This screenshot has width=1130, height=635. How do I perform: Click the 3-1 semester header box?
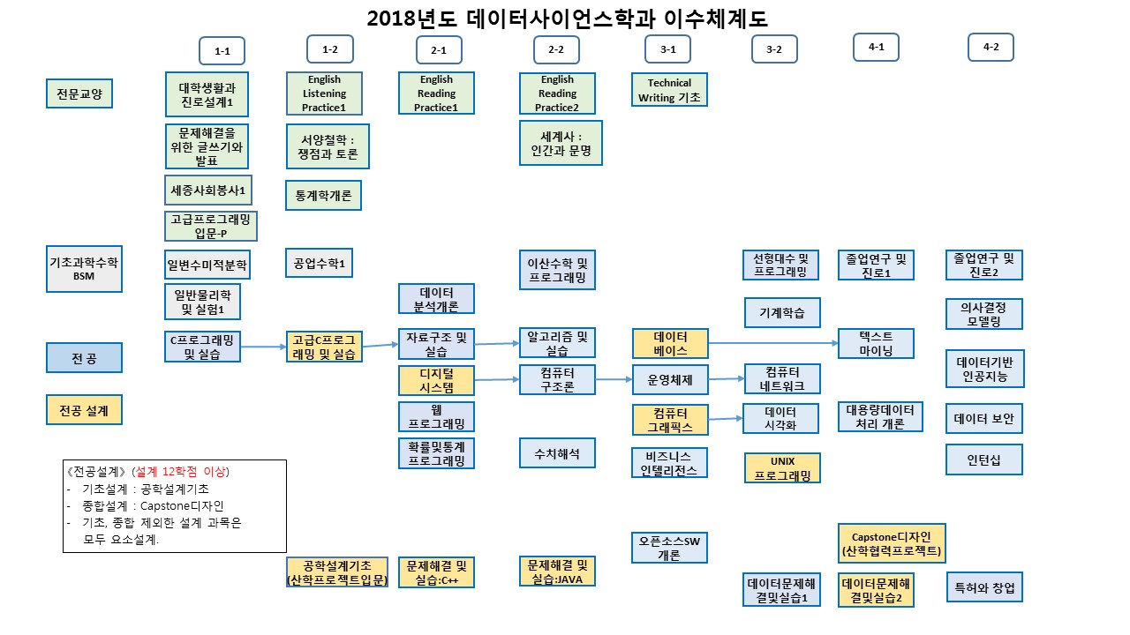[x=668, y=49]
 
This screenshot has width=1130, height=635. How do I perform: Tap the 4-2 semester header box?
[x=991, y=47]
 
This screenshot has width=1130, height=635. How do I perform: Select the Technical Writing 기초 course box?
[x=669, y=90]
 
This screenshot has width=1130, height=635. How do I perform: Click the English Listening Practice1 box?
[x=324, y=93]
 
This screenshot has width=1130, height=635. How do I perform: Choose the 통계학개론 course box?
[x=323, y=195]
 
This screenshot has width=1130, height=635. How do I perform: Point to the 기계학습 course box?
[x=782, y=312]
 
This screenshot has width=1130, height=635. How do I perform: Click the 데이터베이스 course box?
[x=670, y=343]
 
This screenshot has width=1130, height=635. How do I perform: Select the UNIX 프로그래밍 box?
[x=782, y=467]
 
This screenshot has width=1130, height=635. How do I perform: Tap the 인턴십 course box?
[x=984, y=459]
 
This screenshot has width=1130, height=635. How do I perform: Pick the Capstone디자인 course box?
[x=892, y=543]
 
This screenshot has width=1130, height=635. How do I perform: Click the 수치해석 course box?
[x=557, y=453]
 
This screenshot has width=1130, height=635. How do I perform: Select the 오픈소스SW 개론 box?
[x=669, y=548]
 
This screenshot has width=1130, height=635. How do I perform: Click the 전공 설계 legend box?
[x=84, y=410]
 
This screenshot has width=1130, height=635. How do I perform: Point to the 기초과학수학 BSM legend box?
[x=84, y=269]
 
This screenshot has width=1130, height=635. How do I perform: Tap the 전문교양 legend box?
[x=79, y=93]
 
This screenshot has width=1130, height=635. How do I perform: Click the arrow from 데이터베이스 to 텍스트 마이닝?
[x=773, y=343]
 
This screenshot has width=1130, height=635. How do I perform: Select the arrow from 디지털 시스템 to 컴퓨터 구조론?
[x=497, y=379]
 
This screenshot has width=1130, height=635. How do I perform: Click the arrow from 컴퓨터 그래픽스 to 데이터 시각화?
[x=726, y=418]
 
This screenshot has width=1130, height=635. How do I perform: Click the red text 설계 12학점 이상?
[x=180, y=472]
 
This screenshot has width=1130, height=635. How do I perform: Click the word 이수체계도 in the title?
[x=715, y=19]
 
